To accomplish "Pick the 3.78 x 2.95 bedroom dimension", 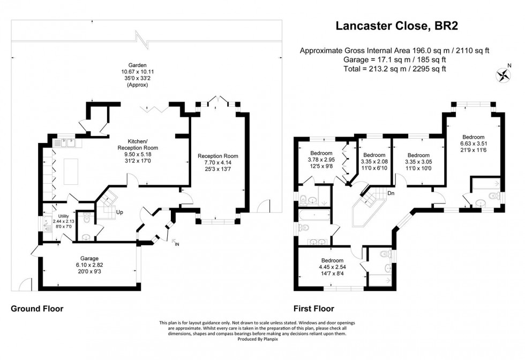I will (321, 159).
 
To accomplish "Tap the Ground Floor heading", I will (37, 309).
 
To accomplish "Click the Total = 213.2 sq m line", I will (395, 69).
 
